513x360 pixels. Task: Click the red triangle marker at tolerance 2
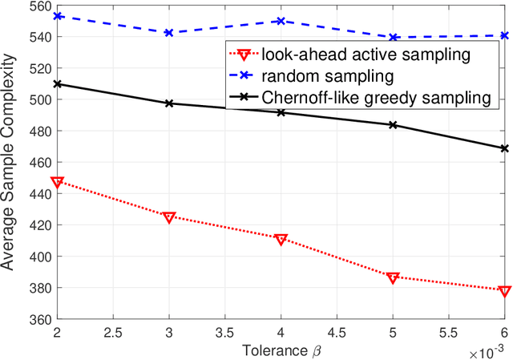tap(57, 182)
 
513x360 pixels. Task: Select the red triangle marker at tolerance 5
tap(393, 277)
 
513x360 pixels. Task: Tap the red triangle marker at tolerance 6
tap(504, 290)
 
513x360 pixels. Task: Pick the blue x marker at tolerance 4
tap(281, 21)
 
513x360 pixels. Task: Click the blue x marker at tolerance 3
tap(169, 33)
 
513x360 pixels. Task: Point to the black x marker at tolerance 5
tap(393, 125)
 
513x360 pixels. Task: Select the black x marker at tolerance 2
tap(57, 84)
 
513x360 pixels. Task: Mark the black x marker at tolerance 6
tap(504, 148)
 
